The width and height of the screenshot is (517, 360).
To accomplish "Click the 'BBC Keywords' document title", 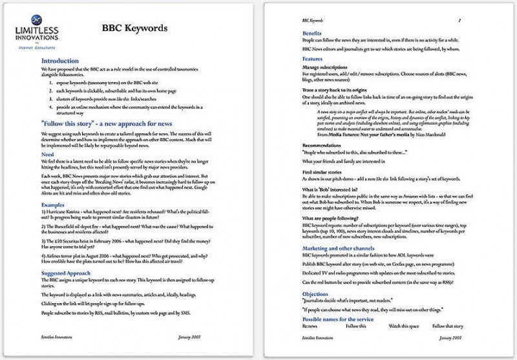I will pyautogui.click(x=134, y=28).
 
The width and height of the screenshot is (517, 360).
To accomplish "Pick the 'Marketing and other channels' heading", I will pyautogui.click(x=344, y=248).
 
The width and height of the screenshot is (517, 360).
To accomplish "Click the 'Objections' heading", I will pyautogui.click(x=317, y=295).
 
